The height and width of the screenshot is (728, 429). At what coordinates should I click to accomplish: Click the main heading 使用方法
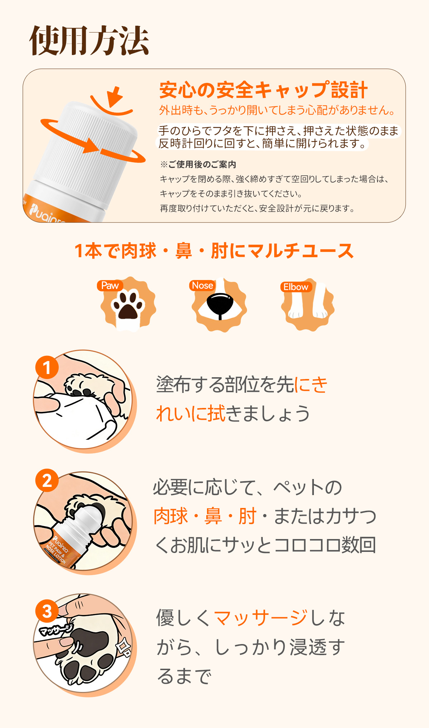pyautogui.click(x=89, y=41)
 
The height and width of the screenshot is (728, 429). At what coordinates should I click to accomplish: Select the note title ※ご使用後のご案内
pyautogui.click(x=198, y=164)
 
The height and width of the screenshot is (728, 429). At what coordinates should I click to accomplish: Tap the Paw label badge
pyautogui.click(x=110, y=285)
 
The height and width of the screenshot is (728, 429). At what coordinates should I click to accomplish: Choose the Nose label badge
pyautogui.click(x=202, y=285)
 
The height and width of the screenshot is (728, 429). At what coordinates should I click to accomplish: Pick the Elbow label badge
pyautogui.click(x=296, y=287)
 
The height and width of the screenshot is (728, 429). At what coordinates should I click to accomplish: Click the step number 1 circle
pyautogui.click(x=47, y=367)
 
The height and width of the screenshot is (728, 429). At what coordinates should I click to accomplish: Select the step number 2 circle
pyautogui.click(x=47, y=480)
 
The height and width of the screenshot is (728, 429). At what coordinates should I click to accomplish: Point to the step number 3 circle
pyautogui.click(x=47, y=611)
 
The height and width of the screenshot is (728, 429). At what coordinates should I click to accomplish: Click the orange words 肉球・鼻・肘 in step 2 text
pyautogui.click(x=205, y=516)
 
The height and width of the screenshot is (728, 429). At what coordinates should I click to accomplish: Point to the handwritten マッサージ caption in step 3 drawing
pyautogui.click(x=55, y=629)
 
